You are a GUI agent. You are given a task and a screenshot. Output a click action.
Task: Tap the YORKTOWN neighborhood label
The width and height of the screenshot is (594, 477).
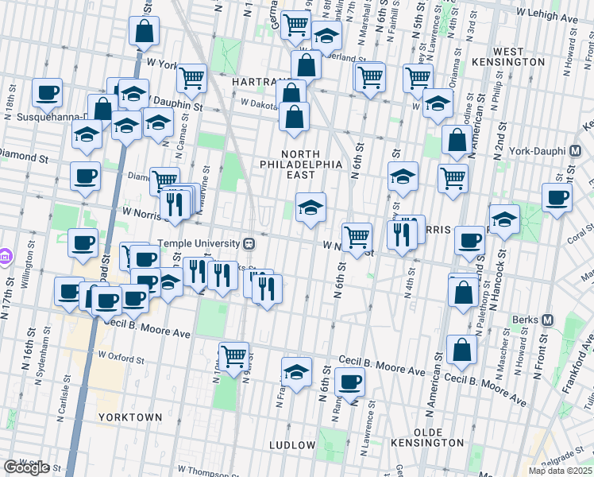129,417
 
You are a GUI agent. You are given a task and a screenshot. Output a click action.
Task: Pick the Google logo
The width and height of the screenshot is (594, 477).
26,467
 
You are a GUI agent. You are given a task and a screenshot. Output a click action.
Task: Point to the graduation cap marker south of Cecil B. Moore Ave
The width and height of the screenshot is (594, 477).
296,372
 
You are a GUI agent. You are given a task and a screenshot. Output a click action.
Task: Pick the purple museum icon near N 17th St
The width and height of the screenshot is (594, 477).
6,257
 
